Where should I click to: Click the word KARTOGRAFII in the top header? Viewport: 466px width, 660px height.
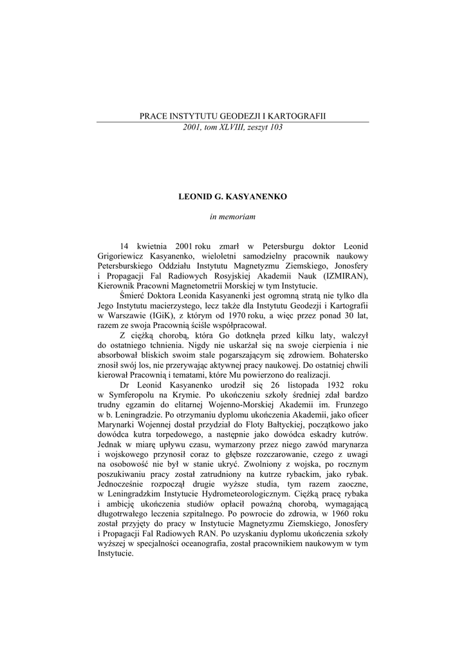click(x=301, y=115)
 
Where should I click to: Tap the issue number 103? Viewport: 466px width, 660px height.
click(x=275, y=127)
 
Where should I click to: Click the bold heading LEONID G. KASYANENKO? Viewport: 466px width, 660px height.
click(x=232, y=194)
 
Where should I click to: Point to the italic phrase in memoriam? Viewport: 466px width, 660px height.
click(x=232, y=217)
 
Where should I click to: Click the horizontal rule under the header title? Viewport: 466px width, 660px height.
click(x=232, y=122)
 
